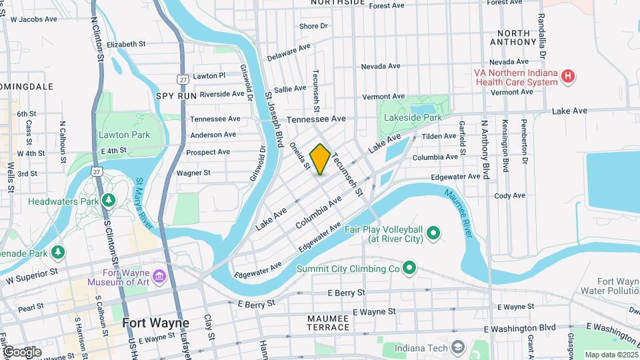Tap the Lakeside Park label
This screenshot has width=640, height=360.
pyautogui.click(x=413, y=117)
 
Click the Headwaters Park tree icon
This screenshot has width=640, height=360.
pyautogui.click(x=109, y=200)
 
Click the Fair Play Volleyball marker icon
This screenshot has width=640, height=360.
pyautogui.click(x=433, y=233)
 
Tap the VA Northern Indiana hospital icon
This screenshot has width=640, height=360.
pyautogui.click(x=567, y=77)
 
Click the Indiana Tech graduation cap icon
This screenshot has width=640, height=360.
pyautogui.click(x=458, y=348)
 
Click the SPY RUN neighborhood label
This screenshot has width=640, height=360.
pyautogui.click(x=177, y=96)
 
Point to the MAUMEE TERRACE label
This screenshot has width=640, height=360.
pyautogui.click(x=329, y=323)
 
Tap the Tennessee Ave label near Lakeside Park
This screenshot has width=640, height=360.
pyautogui.click(x=317, y=118)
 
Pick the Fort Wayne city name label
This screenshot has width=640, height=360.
pyautogui.click(x=156, y=323)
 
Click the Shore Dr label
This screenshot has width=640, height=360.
pyautogui.click(x=314, y=26)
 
